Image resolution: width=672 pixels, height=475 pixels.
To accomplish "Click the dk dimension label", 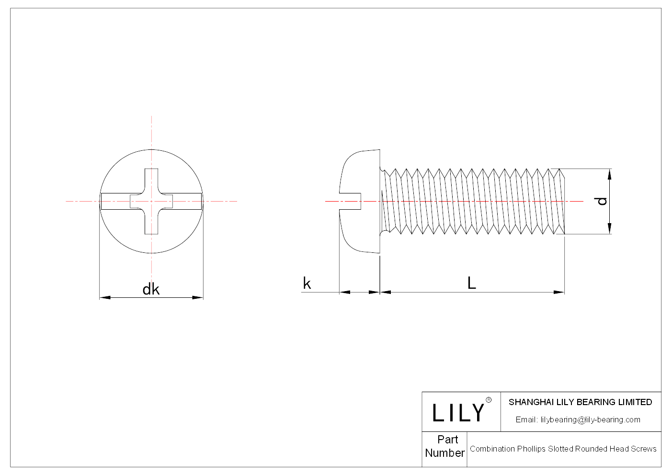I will [x=151, y=289].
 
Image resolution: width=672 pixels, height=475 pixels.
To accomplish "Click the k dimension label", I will [x=307, y=283].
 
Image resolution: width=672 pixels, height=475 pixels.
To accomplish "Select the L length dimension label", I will [x=471, y=283].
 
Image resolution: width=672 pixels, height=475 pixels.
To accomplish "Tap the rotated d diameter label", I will [x=602, y=201].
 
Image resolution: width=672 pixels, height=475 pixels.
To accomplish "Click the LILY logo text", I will [x=458, y=413].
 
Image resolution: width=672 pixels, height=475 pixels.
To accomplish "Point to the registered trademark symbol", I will [x=489, y=400].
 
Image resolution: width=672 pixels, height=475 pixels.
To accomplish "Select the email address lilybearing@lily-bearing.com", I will [x=590, y=420].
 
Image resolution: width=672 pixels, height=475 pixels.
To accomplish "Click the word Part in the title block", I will [x=447, y=440].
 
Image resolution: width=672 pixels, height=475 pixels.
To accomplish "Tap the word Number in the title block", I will [x=444, y=453].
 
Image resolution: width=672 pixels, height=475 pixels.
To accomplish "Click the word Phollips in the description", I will [x=531, y=449].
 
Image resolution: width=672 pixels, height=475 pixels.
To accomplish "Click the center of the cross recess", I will [x=151, y=202].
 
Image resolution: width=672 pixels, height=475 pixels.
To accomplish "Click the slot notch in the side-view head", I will [x=351, y=202].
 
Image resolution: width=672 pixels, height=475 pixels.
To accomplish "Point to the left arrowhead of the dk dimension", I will [x=105, y=298].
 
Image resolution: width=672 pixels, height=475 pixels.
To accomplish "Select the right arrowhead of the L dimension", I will [x=559, y=292].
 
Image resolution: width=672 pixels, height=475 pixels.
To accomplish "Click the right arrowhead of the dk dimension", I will [x=198, y=298].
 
